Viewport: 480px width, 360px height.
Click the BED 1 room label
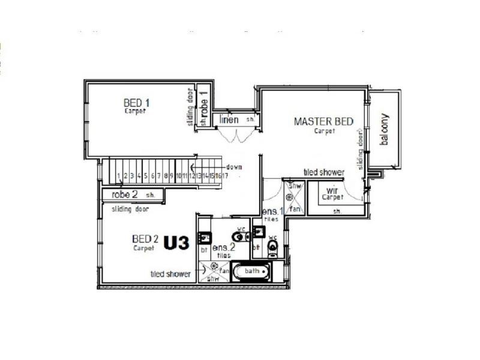tap(137, 102)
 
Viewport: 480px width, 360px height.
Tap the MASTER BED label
tap(323, 121)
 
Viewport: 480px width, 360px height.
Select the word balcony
tap(384, 129)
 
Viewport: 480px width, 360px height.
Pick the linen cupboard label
tap(229, 119)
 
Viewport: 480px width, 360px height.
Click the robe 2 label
tap(125, 194)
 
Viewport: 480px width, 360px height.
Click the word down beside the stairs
tap(233, 166)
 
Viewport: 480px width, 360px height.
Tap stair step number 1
tap(119, 176)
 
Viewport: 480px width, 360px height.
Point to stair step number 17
tap(225, 176)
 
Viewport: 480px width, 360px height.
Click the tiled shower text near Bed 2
tap(170, 274)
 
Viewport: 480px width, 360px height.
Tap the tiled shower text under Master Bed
tap(324, 172)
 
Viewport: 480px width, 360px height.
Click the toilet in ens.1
tap(273, 247)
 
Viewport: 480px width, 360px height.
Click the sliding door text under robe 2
tap(130, 209)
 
